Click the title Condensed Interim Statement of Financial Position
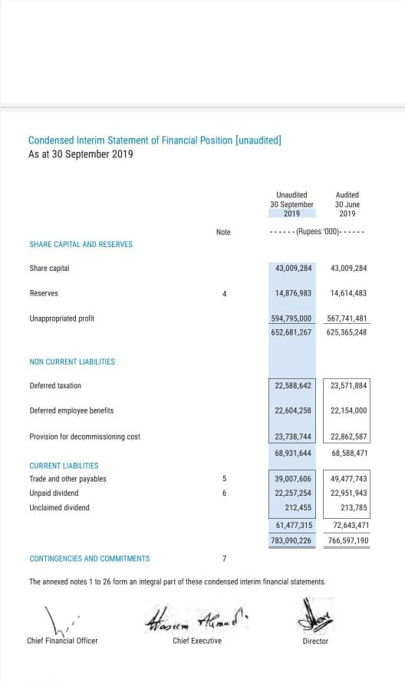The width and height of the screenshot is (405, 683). [x=154, y=140]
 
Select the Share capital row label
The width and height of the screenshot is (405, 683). [x=49, y=269]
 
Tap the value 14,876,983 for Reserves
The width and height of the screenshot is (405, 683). [x=293, y=293]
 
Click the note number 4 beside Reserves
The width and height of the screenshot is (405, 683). [x=224, y=293]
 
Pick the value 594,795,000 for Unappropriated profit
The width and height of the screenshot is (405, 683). [x=291, y=318]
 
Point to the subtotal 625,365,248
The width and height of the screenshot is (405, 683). [x=348, y=332]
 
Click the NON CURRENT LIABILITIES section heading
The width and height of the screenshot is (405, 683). [x=72, y=361]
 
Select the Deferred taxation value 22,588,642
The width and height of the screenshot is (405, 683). [x=293, y=386]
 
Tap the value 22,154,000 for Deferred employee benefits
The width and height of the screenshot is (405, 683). [x=348, y=411]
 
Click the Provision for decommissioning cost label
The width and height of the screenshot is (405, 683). [x=84, y=437]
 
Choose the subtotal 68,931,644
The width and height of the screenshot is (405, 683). [x=293, y=453]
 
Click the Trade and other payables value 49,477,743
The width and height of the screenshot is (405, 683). [x=349, y=479]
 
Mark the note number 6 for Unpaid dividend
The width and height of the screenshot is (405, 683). [x=224, y=493]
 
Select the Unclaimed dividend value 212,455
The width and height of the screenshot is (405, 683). [x=298, y=507]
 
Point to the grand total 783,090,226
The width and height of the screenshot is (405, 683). [x=291, y=540]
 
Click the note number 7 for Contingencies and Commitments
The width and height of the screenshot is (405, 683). [x=224, y=558]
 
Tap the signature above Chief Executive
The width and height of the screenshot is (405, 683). [x=196, y=616]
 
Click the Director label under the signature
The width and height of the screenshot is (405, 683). [x=315, y=641]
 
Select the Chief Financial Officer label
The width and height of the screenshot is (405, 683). [x=62, y=641]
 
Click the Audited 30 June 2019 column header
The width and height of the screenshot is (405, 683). [x=347, y=204]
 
